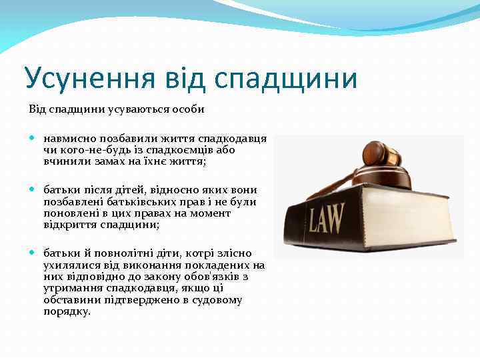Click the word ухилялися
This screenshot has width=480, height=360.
(71, 265)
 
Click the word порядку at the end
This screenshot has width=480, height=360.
(67, 311)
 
